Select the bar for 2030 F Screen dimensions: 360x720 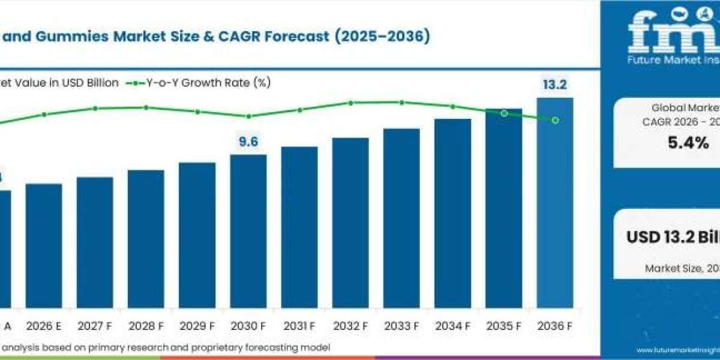(x=248, y=231)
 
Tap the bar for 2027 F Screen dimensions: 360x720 (x=95, y=242)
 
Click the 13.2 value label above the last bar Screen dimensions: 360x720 (x=554, y=85)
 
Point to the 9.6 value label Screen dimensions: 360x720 (x=248, y=142)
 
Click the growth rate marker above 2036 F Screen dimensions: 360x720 (x=555, y=121)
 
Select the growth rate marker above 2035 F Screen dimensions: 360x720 (x=504, y=113)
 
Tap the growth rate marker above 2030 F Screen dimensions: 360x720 (x=248, y=116)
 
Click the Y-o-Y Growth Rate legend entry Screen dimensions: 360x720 (x=198, y=83)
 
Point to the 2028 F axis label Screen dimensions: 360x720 (x=146, y=327)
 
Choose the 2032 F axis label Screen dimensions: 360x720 (x=350, y=327)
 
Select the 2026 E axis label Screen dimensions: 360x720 (x=43, y=327)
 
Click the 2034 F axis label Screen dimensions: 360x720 (x=453, y=327)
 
